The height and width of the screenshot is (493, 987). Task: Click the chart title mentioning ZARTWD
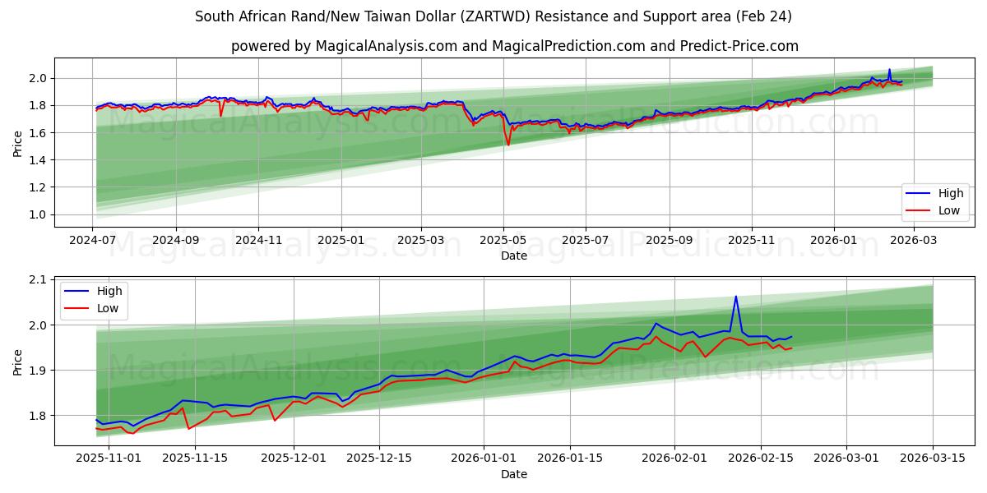pyautogui.click(x=493, y=16)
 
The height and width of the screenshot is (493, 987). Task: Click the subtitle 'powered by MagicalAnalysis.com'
pyautogui.click(x=514, y=46)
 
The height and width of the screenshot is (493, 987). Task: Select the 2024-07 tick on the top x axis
pyautogui.click(x=93, y=240)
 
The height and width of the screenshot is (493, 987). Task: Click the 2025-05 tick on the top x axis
pyautogui.click(x=503, y=240)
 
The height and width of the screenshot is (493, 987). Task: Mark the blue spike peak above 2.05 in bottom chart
pyautogui.click(x=735, y=297)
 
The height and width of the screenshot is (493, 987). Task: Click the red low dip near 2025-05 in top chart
pyautogui.click(x=508, y=145)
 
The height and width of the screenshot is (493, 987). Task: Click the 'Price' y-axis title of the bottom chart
pyautogui.click(x=18, y=362)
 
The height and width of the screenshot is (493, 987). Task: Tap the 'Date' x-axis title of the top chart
pyautogui.click(x=514, y=256)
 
